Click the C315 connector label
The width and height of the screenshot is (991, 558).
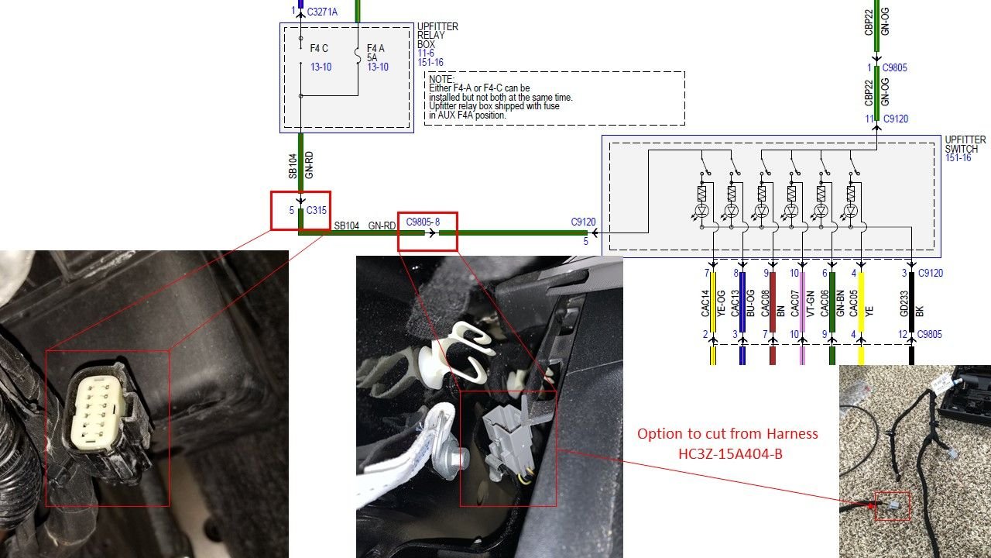click(x=317, y=210)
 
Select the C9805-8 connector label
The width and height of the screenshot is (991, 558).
click(x=423, y=222)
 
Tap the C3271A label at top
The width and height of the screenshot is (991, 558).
click(x=322, y=12)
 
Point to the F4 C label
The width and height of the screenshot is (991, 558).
click(x=320, y=48)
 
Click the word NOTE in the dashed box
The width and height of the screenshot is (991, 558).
click(x=441, y=79)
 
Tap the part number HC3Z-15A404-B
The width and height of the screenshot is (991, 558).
click(x=729, y=453)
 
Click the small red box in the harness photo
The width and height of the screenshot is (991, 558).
click(x=892, y=506)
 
